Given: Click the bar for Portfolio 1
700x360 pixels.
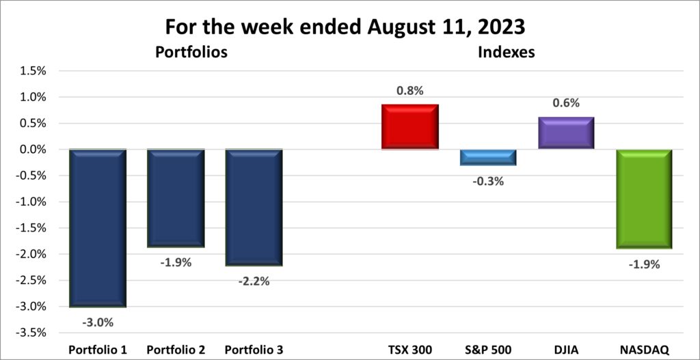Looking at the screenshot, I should (x=98, y=227).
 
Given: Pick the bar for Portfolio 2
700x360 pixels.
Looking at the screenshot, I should (x=176, y=198).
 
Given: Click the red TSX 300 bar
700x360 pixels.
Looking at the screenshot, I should (x=409, y=127).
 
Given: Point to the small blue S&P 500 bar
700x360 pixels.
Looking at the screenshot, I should (x=487, y=157).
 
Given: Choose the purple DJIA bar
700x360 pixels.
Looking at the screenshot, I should (x=565, y=133).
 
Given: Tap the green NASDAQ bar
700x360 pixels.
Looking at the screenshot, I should (x=643, y=199).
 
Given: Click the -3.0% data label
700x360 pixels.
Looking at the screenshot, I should (x=98, y=322).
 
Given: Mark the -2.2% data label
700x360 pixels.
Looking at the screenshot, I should (x=254, y=281).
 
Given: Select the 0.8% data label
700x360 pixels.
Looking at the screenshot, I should (x=409, y=89).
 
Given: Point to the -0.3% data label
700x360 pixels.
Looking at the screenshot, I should (x=487, y=181).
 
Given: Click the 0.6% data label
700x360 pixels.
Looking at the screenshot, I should (x=565, y=103).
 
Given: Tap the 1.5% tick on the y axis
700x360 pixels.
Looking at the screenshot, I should (x=34, y=71).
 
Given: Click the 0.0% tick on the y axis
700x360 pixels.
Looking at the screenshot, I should (x=34, y=150).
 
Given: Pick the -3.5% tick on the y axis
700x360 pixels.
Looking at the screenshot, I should (x=33, y=333).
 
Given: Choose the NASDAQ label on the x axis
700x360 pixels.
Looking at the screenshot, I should (x=643, y=350).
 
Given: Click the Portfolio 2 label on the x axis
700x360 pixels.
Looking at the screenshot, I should (x=176, y=350).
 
